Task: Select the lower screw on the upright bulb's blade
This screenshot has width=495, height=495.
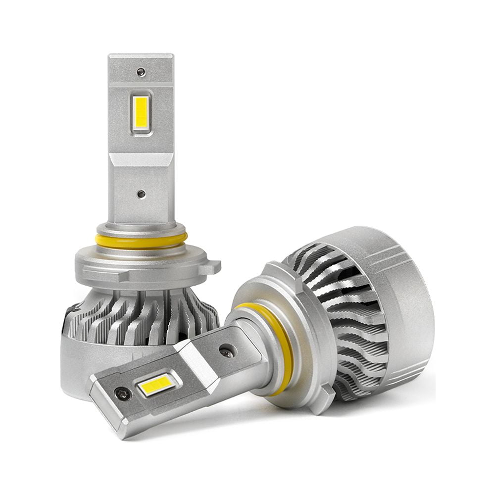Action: pyautogui.click(x=141, y=195)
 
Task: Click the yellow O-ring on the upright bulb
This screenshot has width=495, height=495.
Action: pyautogui.click(x=141, y=242)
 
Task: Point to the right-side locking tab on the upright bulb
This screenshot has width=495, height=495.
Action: pyautogui.click(x=212, y=267)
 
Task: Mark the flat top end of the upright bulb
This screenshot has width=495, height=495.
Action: pyautogui.click(x=141, y=57)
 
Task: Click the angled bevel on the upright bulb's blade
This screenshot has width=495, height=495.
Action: pyautogui.click(x=141, y=159)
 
